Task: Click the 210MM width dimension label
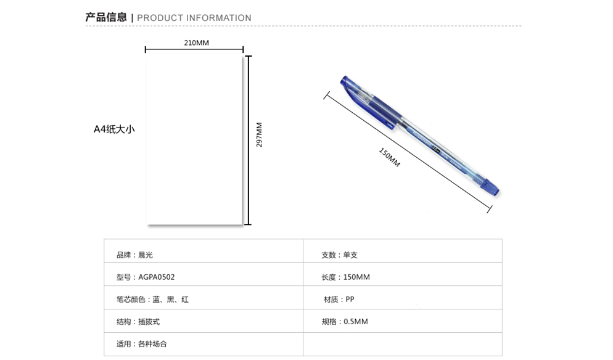tap(196, 43)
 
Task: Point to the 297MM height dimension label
tap(259, 134)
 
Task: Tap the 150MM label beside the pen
tap(389, 157)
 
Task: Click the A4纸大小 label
tap(114, 129)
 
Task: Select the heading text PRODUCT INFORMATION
tap(194, 18)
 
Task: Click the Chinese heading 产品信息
tap(106, 17)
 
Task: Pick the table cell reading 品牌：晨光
tap(134, 255)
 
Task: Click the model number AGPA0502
tap(157, 277)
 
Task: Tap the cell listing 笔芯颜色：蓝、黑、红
tap(152, 300)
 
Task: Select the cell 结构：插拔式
tap(138, 322)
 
